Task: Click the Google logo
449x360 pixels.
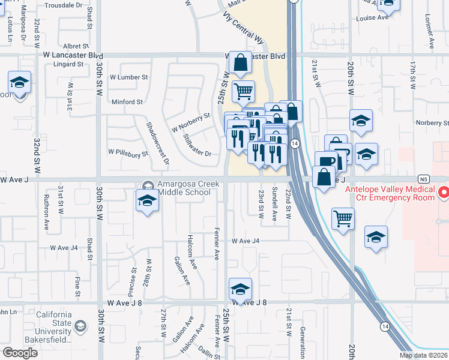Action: [20, 352]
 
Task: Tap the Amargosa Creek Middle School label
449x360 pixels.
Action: [184, 188]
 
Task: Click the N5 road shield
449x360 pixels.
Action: [424, 179]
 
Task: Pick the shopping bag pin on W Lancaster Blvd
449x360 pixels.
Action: [240, 63]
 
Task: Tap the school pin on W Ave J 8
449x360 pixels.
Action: [240, 290]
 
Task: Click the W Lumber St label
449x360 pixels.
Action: [128, 77]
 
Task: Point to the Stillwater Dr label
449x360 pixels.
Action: [197, 145]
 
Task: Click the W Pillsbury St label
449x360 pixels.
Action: [128, 154]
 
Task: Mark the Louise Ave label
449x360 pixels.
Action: [372, 18]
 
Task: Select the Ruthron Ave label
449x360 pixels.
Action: [46, 212]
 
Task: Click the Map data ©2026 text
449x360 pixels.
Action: [424, 355]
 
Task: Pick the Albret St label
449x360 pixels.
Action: [76, 46]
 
